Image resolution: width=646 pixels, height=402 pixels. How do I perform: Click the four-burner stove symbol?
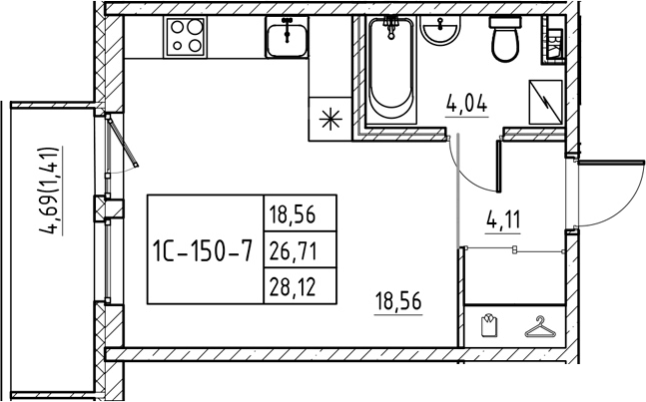click(x=185, y=37)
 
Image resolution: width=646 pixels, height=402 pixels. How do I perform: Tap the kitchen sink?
click(x=288, y=37)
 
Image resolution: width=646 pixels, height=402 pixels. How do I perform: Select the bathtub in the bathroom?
click(x=391, y=70)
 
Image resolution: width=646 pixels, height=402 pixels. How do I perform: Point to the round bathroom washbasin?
click(x=440, y=31)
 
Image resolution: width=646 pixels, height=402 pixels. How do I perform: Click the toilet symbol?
click(x=505, y=39)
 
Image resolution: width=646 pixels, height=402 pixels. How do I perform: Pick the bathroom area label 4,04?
click(x=466, y=104)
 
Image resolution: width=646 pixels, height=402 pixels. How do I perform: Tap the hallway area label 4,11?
click(x=503, y=219)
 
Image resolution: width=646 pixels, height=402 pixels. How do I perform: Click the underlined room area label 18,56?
click(x=398, y=301)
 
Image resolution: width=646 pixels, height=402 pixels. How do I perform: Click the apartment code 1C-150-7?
click(x=202, y=250)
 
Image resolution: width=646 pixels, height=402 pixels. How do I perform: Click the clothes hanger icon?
click(x=540, y=327)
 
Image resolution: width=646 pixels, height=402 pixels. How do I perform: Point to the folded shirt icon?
click(x=489, y=326)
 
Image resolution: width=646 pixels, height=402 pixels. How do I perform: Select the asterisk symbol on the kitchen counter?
click(x=330, y=120)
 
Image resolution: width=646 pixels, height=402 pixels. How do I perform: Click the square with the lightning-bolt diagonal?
click(x=546, y=102)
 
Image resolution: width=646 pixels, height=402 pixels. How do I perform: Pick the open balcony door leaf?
click(x=123, y=141)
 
